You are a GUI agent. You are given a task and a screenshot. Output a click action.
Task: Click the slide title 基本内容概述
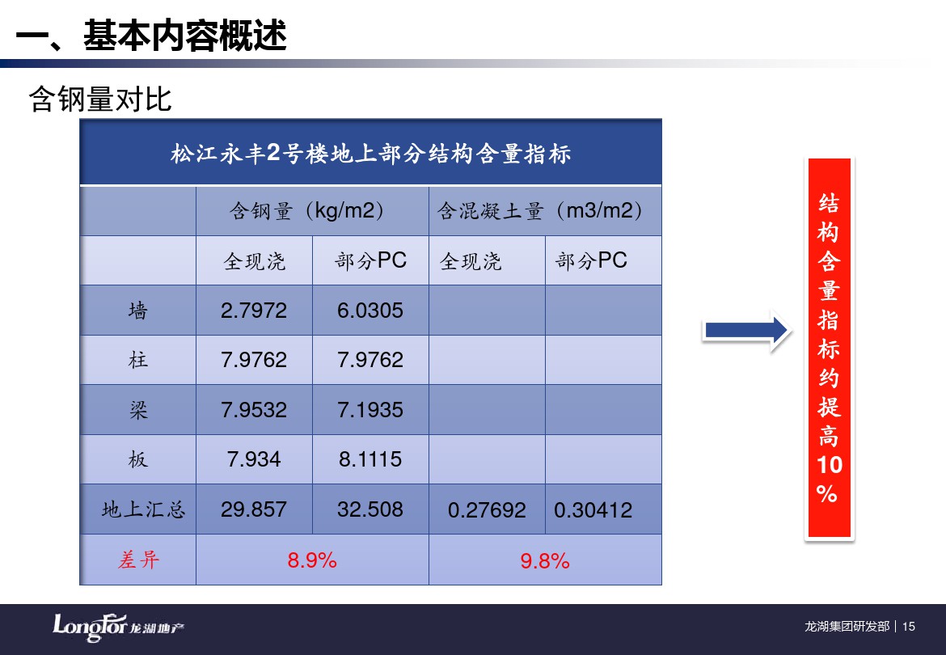click(x=184, y=35)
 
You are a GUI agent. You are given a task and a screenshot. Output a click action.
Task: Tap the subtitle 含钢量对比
click(x=100, y=99)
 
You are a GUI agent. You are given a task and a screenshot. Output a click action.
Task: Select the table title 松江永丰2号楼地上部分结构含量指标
click(x=370, y=153)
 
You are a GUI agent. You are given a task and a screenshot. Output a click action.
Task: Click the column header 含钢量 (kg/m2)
click(x=306, y=210)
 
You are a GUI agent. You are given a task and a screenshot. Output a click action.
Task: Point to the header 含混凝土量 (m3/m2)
click(x=540, y=210)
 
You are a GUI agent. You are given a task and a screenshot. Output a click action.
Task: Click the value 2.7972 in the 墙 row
click(x=253, y=310)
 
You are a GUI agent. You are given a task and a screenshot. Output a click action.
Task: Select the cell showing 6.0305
click(x=370, y=310)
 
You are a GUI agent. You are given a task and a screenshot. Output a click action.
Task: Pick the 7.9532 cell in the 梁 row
click(x=253, y=409)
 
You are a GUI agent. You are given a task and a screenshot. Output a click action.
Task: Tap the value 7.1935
click(x=370, y=409)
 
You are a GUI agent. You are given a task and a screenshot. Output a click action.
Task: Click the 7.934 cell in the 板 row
click(x=253, y=459)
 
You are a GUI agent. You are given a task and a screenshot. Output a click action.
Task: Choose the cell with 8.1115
click(x=370, y=459)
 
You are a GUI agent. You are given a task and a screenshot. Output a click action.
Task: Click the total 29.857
click(x=253, y=509)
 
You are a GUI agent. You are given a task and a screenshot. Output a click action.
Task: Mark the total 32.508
click(x=370, y=509)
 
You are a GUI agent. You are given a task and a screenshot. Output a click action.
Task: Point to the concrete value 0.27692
click(x=486, y=510)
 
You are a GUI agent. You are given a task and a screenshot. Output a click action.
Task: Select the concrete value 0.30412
click(x=593, y=510)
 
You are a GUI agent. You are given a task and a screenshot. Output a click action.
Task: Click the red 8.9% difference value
click(x=312, y=560)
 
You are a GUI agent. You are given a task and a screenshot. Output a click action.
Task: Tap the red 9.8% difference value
click(x=545, y=561)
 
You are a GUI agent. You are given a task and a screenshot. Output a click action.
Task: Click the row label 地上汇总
click(x=144, y=509)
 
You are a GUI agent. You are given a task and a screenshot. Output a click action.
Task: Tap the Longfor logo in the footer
click(x=118, y=628)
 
